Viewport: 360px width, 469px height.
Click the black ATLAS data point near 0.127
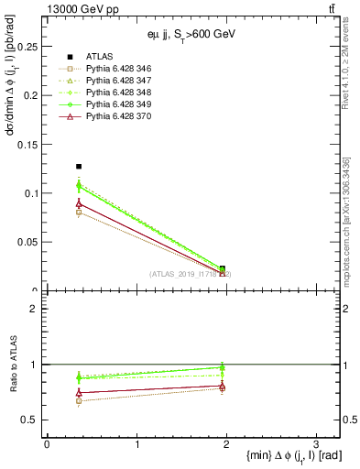pos(79,167)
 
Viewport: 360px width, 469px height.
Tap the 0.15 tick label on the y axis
pos(28,144)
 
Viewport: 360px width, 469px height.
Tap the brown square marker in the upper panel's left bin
pos(79,213)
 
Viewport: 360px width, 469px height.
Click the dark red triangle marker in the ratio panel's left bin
pos(79,392)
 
